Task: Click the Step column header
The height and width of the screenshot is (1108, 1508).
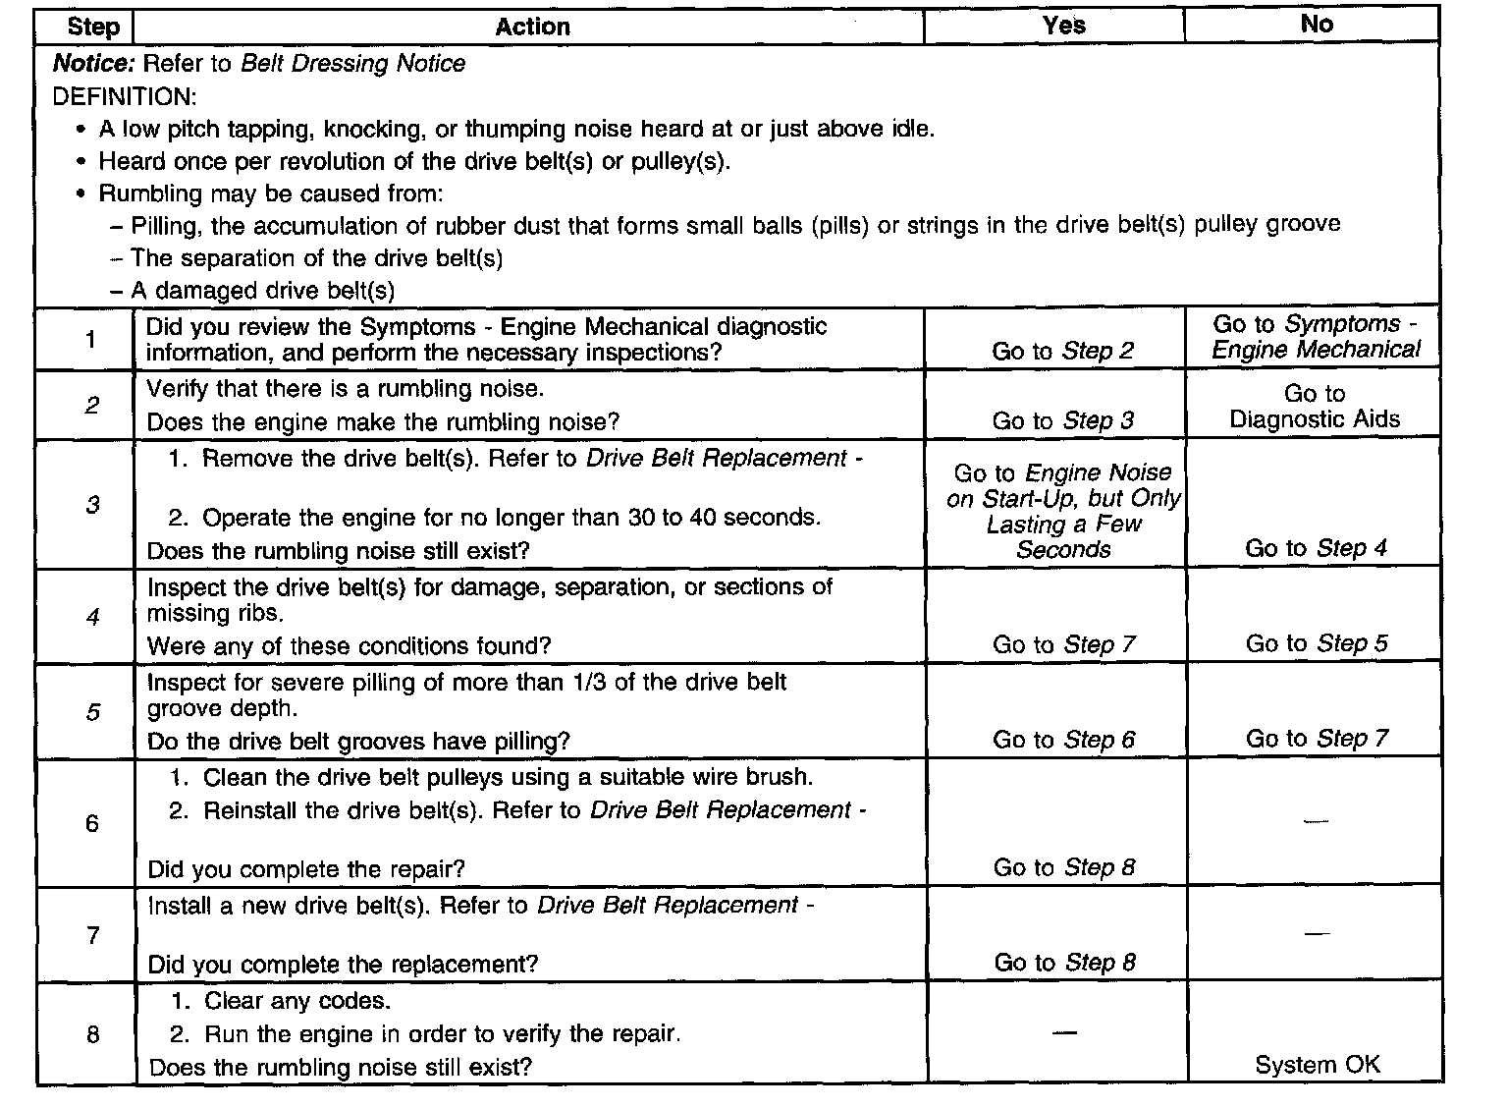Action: [93, 27]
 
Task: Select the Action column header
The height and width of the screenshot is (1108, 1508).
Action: [532, 27]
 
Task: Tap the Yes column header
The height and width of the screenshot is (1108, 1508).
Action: [1063, 26]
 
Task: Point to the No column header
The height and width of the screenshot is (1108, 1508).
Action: [1316, 24]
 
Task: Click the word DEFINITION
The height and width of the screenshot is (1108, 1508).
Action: [124, 96]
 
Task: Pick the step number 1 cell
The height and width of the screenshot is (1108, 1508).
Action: [91, 340]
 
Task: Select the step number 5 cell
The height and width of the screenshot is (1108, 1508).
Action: [92, 712]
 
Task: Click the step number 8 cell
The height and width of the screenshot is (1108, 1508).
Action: [92, 1034]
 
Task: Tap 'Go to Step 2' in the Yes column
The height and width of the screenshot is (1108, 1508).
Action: [1062, 351]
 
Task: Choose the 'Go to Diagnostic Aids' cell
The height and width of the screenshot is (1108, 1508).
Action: [1315, 407]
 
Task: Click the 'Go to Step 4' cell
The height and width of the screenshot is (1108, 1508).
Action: [1316, 548]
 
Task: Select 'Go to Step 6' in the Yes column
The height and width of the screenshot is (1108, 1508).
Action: [1063, 740]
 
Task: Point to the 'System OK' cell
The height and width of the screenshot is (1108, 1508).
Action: [1317, 1064]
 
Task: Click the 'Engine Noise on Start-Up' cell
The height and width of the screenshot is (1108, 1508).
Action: [1063, 511]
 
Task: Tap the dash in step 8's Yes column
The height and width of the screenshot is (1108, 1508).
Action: [1063, 1031]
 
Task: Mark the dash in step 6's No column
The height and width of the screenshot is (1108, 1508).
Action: [1316, 820]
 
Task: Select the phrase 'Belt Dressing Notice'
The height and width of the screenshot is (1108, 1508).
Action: [352, 64]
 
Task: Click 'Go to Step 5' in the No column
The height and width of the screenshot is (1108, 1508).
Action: [1317, 643]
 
